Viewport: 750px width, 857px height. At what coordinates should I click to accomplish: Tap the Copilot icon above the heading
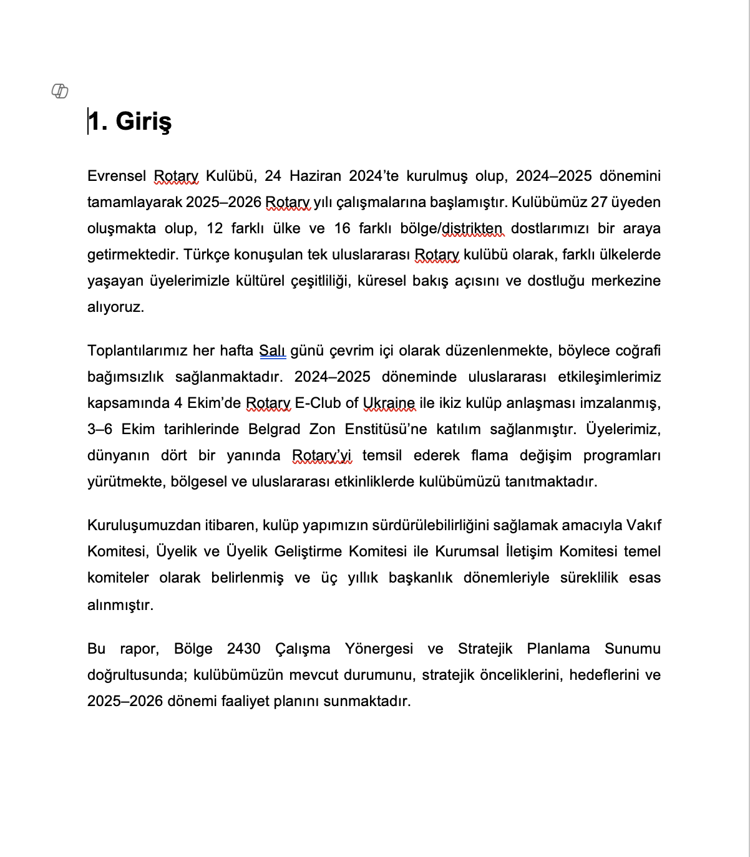(x=59, y=92)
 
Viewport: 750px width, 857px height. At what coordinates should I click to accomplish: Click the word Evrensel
(x=117, y=176)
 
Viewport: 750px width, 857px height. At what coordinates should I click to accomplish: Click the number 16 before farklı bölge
(x=343, y=228)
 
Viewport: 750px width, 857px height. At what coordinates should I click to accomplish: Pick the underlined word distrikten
(x=472, y=228)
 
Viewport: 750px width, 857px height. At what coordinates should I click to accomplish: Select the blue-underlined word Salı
(x=273, y=351)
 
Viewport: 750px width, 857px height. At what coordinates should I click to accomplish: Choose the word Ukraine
(x=389, y=403)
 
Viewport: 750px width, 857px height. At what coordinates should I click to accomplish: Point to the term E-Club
(x=318, y=403)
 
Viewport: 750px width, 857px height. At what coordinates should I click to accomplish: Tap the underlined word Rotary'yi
(x=322, y=455)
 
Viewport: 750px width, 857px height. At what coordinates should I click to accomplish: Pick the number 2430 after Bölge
(x=244, y=649)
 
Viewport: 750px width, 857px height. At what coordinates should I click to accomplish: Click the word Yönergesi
(x=379, y=649)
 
